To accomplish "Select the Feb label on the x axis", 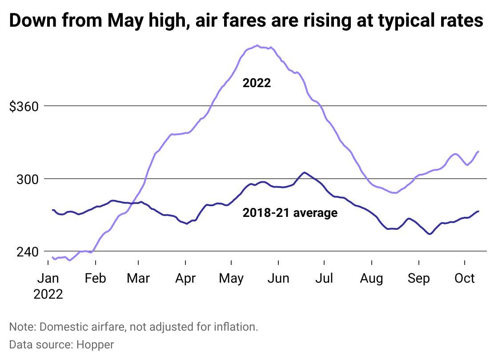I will (95, 279).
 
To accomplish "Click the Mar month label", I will (138, 279).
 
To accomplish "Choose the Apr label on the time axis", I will (185, 279).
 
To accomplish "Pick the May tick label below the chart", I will (231, 279).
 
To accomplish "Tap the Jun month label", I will (279, 279).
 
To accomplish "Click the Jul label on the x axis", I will (325, 279).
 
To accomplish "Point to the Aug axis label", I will (371, 279).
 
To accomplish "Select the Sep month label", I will (418, 279).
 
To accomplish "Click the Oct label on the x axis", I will (465, 279).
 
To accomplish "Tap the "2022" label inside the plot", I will (257, 83).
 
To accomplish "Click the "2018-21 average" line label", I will (290, 213).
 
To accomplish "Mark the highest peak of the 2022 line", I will (257, 45).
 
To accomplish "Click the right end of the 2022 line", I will (478, 152).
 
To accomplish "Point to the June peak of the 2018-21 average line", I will (304, 172).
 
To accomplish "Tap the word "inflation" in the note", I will (234, 327).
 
